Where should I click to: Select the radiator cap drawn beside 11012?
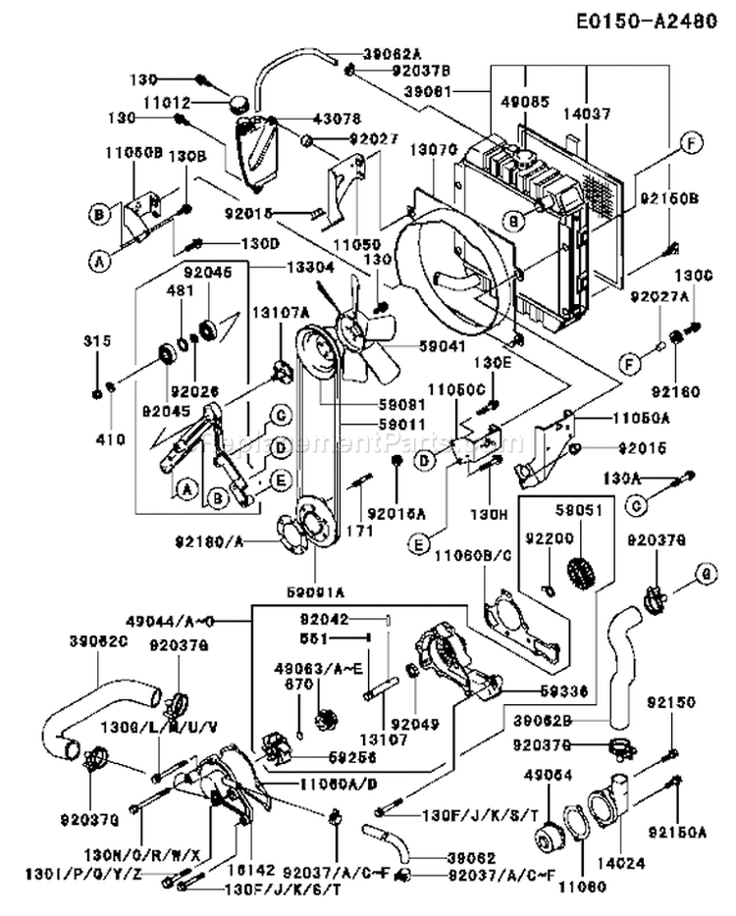pyautogui.click(x=238, y=103)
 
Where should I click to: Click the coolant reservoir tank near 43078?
pyautogui.click(x=257, y=152)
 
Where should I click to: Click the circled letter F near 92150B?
pyautogui.click(x=691, y=143)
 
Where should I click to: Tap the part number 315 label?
pyautogui.click(x=96, y=340)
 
